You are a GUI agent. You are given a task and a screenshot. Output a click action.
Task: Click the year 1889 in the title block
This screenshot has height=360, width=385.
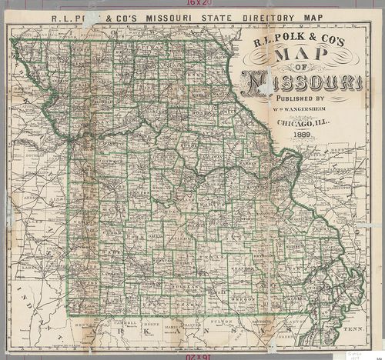point(296,136)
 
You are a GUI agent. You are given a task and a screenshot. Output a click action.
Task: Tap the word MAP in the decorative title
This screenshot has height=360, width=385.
point(296,58)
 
